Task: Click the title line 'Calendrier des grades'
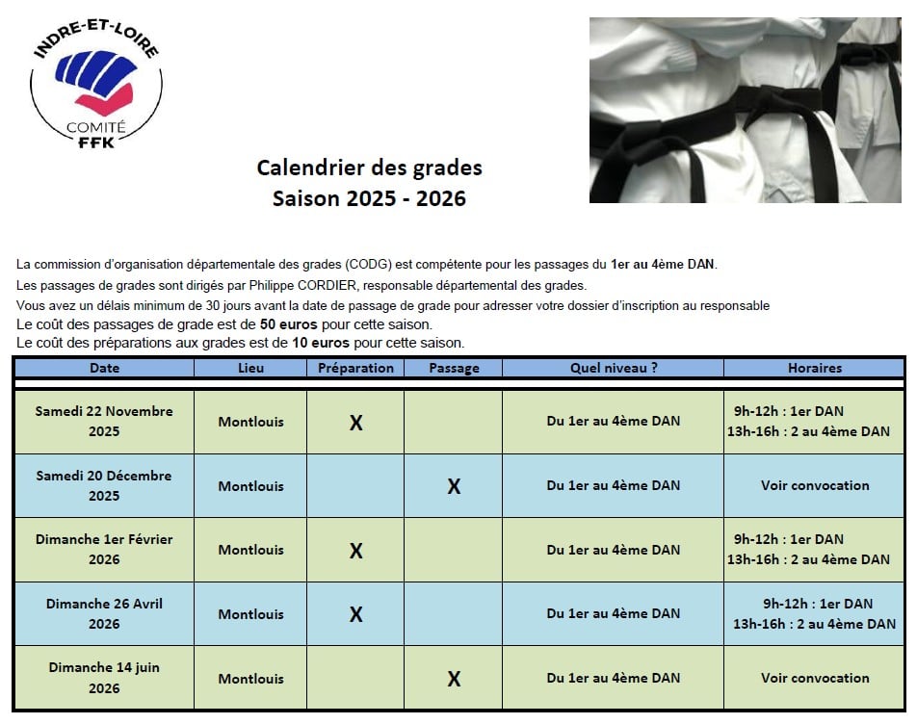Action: pyautogui.click(x=369, y=168)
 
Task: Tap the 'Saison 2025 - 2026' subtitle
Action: pyautogui.click(x=369, y=199)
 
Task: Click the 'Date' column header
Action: pyautogui.click(x=104, y=368)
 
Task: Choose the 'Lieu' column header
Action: pyautogui.click(x=250, y=368)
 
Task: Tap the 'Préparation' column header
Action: pyautogui.click(x=355, y=368)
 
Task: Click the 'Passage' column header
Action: pyautogui.click(x=453, y=368)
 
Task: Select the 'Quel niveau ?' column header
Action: pyautogui.click(x=614, y=368)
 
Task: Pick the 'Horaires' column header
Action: pyautogui.click(x=814, y=368)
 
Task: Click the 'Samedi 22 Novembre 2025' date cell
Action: pyautogui.click(x=104, y=421)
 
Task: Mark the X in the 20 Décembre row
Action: pyautogui.click(x=454, y=486)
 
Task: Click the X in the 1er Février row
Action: pyautogui.click(x=355, y=551)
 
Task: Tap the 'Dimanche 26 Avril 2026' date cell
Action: pyautogui.click(x=104, y=613)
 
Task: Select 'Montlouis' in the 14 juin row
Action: pyautogui.click(x=250, y=679)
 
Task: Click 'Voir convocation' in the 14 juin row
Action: pyautogui.click(x=814, y=678)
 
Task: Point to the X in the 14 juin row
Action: pyautogui.click(x=454, y=679)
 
